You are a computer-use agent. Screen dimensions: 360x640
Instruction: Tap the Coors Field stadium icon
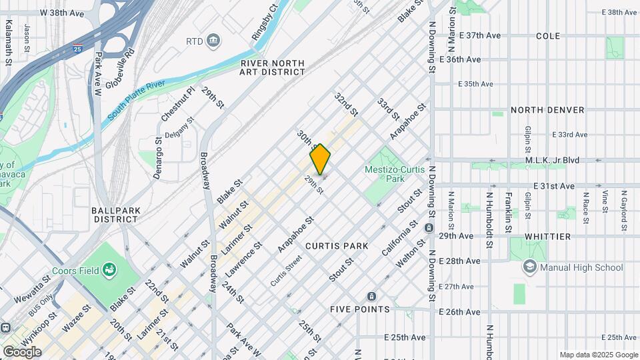pyautogui.click(x=109, y=270)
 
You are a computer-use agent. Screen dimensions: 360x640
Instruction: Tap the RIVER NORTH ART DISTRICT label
pyautogui.click(x=273, y=68)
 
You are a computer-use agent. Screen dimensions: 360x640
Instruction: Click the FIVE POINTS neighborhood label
pyautogui.click(x=360, y=309)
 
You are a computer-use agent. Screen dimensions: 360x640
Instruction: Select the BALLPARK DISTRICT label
pyautogui.click(x=116, y=215)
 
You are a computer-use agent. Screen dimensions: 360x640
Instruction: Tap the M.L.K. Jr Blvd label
pyautogui.click(x=552, y=160)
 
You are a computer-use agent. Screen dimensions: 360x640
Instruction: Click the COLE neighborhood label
pyautogui.click(x=547, y=35)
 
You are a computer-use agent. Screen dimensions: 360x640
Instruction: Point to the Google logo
pyautogui.click(x=22, y=351)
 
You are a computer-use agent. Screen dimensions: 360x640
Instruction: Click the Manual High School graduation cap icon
pyautogui.click(x=530, y=267)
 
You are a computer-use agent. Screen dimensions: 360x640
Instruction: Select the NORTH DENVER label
pyautogui.click(x=547, y=110)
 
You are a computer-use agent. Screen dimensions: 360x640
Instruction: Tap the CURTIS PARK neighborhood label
pyautogui.click(x=337, y=246)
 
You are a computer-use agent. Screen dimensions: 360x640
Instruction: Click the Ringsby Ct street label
pyautogui.click(x=264, y=23)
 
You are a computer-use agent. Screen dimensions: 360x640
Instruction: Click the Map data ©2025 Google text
pyautogui.click(x=599, y=355)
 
